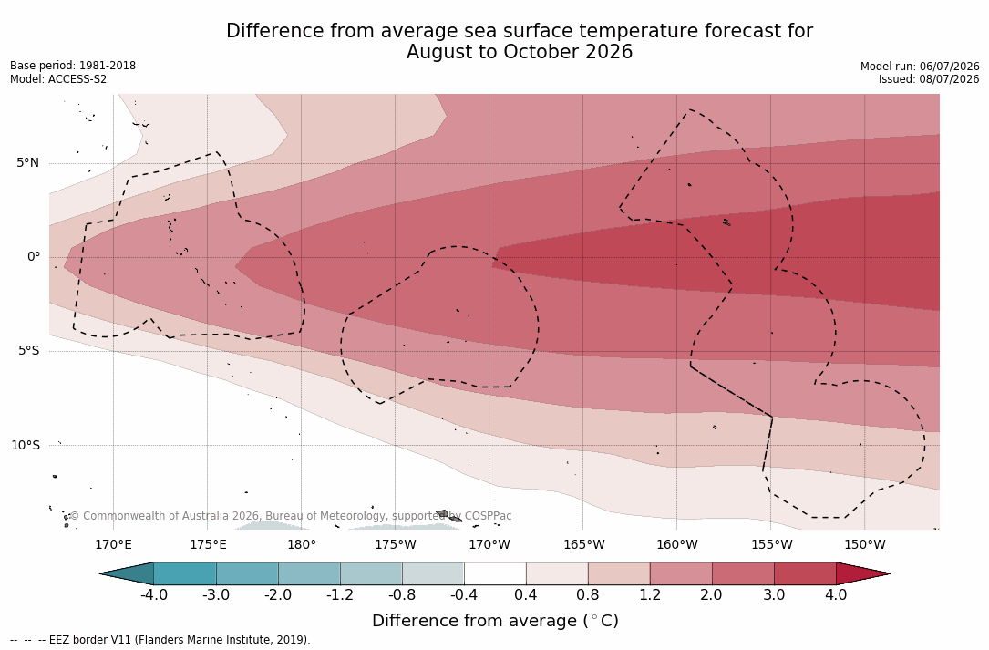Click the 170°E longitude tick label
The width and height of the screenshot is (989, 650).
tap(114, 544)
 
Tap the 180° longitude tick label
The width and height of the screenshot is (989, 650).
tap(302, 544)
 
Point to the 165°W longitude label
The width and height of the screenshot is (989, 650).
tap(583, 544)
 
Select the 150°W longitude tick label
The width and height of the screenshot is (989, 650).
tap(865, 544)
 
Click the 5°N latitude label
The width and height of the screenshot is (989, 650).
tap(27, 163)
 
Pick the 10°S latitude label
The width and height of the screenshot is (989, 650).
tap(26, 446)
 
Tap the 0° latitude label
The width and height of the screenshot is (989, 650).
tap(34, 257)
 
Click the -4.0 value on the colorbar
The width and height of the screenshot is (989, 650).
tap(153, 595)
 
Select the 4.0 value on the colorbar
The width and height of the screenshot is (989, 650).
tap(837, 595)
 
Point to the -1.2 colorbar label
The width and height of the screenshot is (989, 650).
tap(340, 595)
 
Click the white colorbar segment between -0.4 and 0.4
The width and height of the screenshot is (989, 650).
tap(495, 573)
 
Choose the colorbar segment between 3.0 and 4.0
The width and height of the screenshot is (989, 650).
tap(806, 573)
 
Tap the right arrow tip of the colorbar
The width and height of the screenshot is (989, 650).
tap(890, 573)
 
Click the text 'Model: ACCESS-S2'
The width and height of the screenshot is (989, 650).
tap(58, 79)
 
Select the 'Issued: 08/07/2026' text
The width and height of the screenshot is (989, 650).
tap(929, 79)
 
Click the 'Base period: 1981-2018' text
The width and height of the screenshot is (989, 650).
tap(73, 66)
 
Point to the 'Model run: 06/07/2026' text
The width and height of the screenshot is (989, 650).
tap(920, 67)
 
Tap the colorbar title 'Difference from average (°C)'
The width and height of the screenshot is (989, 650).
tap(495, 621)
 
